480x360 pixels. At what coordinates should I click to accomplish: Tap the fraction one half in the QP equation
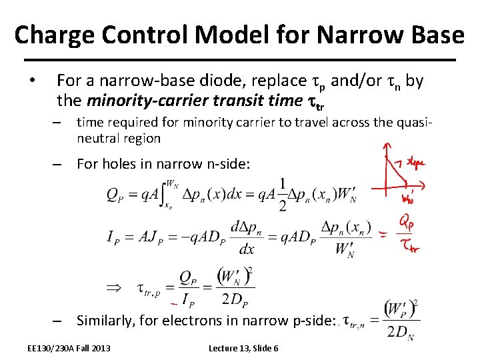click(x=283, y=195)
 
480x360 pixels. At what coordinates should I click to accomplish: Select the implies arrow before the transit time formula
click(x=115, y=288)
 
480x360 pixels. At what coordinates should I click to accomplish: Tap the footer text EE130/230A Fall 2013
click(x=69, y=348)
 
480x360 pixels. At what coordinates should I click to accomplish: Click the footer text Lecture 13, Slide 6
click(x=243, y=348)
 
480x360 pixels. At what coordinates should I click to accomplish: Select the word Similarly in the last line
click(x=104, y=321)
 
